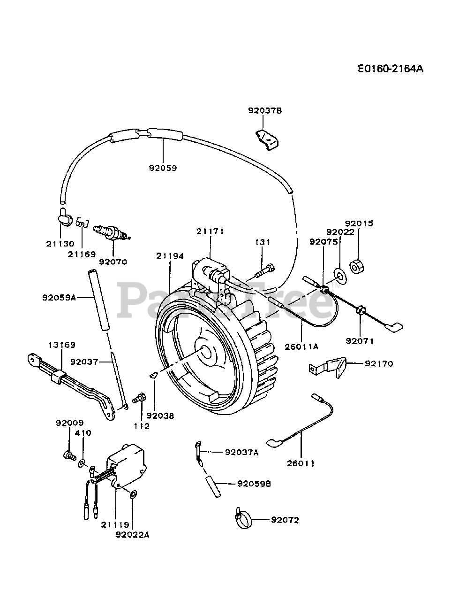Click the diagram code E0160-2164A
coord(391,69)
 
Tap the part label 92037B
coord(265,111)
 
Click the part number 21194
coord(170,256)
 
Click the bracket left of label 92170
coord(328,367)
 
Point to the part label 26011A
coord(301,347)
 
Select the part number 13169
coord(62,345)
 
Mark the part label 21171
coord(210,231)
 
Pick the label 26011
coord(301,463)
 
